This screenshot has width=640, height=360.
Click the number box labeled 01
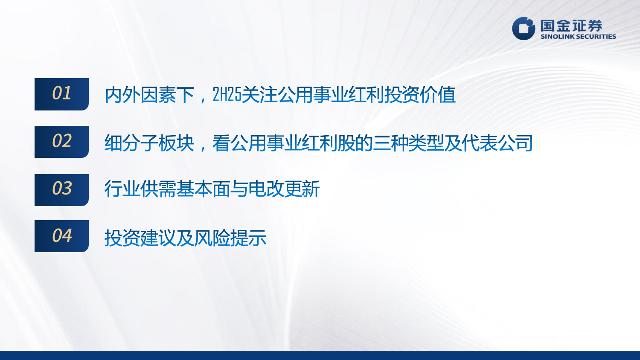coord(61,94)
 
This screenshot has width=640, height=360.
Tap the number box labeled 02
coord(61,142)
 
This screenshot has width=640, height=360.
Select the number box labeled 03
coord(61,190)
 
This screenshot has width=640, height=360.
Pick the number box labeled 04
coord(61,236)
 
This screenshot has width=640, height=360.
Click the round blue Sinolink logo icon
coord(524,28)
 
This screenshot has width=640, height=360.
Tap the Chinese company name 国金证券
coord(571,26)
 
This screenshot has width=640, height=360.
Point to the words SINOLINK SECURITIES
coord(578,37)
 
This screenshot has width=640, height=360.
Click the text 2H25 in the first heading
coord(227,95)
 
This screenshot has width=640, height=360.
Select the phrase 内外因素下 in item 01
coord(149,95)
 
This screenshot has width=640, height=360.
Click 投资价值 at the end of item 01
coord(420,95)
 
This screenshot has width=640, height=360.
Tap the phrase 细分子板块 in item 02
coord(149,143)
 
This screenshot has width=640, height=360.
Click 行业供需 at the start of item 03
coord(140,189)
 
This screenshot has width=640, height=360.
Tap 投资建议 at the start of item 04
coord(140,238)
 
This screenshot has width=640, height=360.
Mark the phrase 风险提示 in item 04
coord(230,238)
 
